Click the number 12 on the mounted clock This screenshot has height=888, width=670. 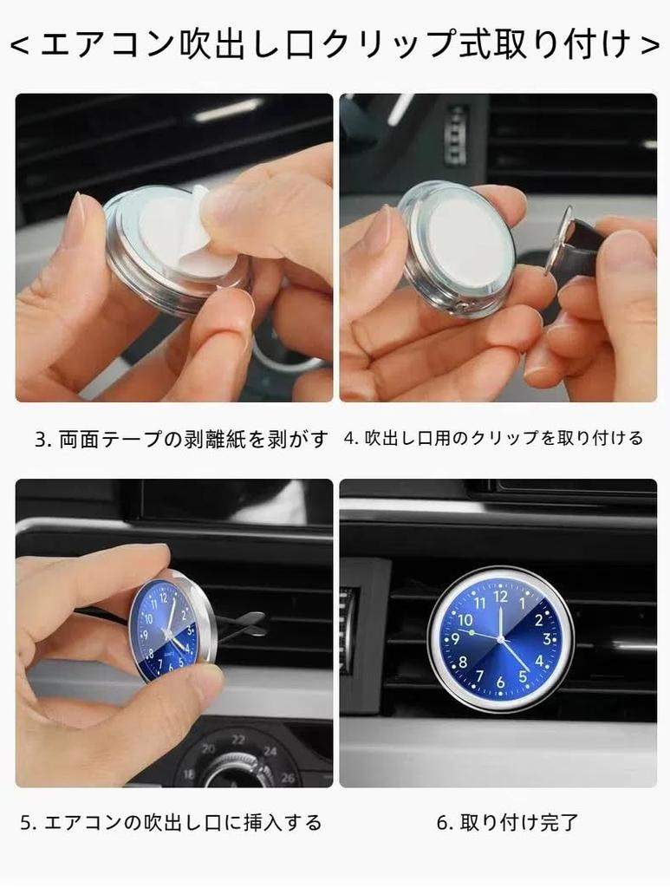(501, 596)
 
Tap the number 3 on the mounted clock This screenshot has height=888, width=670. (548, 640)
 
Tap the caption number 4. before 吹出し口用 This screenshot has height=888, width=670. (351, 439)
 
